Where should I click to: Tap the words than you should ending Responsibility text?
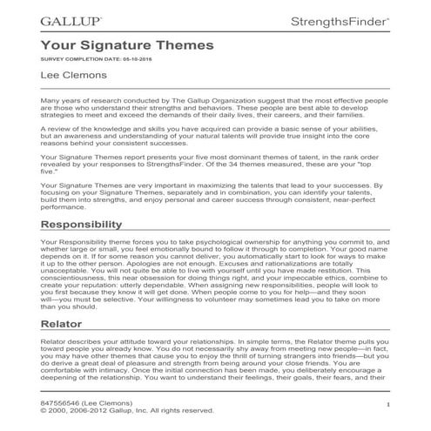point(72,332)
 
